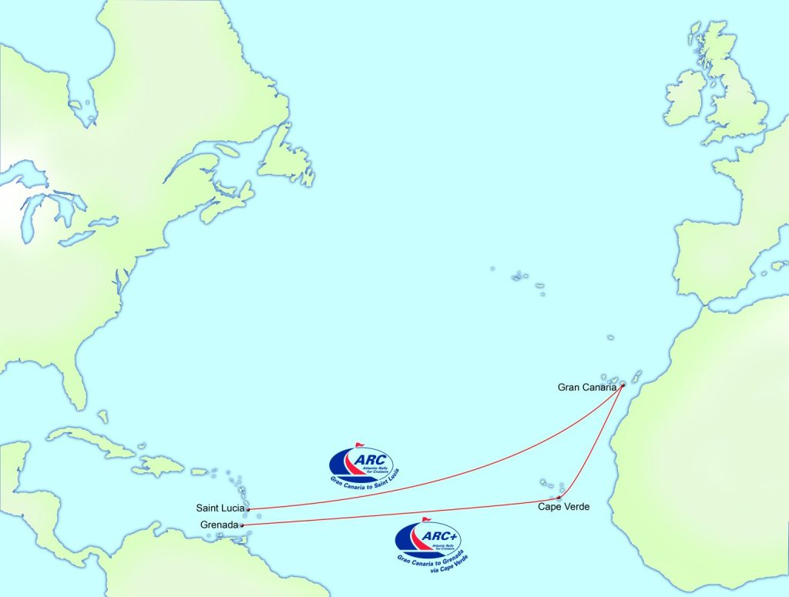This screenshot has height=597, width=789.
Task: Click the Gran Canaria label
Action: coord(586,387)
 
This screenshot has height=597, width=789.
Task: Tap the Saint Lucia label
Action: coord(220,508)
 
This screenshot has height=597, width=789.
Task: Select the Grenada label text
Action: coord(218,525)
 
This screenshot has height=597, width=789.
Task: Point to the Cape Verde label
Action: coord(563,507)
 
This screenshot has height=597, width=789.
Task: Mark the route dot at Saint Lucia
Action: coord(248,509)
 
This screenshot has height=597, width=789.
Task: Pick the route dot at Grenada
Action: coord(242,525)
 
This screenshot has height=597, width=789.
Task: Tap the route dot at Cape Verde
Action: coord(558,498)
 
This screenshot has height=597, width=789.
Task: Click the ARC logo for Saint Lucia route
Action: coord(364,465)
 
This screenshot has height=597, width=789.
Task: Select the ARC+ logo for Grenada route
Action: coord(429,539)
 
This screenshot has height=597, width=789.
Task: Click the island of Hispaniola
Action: coord(162,465)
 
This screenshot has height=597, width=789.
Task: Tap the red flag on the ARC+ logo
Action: coord(426,520)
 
